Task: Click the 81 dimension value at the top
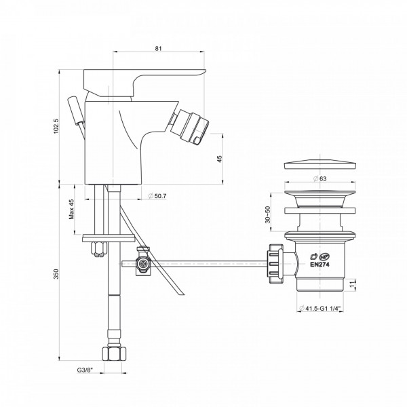click(158, 49)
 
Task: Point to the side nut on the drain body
click(277, 260)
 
